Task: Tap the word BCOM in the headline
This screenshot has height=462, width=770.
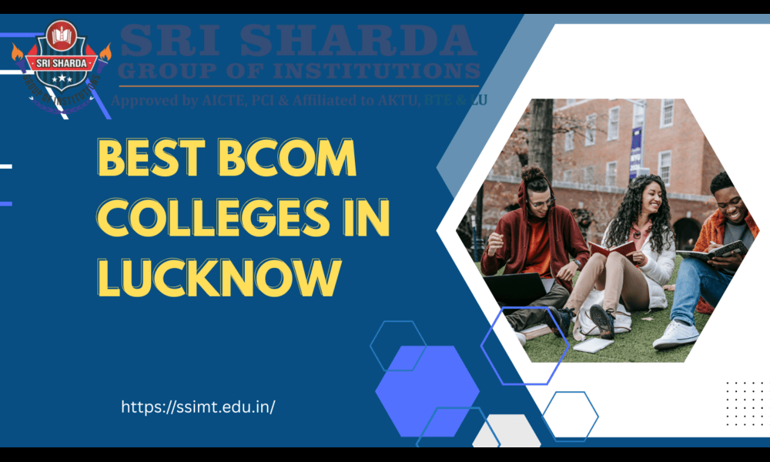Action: coord(286,159)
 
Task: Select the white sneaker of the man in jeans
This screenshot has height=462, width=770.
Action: coord(675,333)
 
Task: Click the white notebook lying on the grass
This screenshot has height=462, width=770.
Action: coord(594,345)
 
